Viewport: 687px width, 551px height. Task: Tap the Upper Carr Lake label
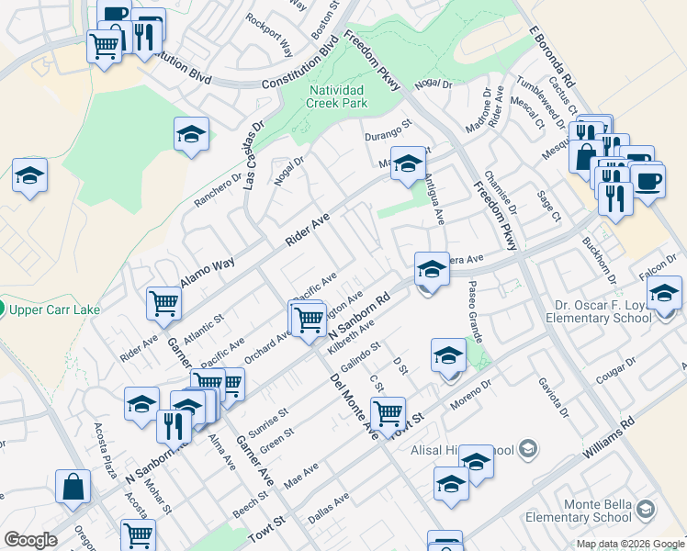click(54, 309)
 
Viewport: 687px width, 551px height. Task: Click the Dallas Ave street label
click(328, 510)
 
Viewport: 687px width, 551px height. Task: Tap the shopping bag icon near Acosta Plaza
click(73, 487)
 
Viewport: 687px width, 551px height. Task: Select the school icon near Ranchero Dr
click(191, 136)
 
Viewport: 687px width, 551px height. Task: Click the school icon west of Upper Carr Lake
click(29, 174)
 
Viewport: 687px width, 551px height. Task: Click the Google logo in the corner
click(30, 540)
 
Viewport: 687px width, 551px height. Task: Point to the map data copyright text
click(630, 544)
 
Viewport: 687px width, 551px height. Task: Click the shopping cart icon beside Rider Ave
click(163, 302)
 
